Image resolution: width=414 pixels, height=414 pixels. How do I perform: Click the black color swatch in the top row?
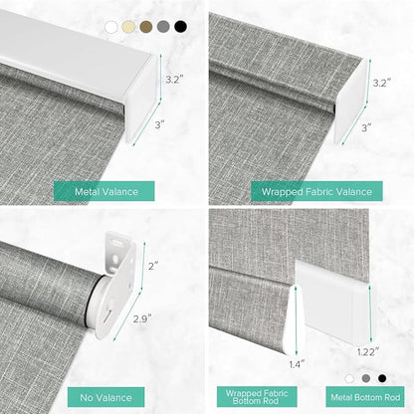click(180, 27)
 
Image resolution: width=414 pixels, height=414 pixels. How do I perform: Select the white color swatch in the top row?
click(111, 27)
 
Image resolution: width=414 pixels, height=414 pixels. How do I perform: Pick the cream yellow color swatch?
click(128, 27)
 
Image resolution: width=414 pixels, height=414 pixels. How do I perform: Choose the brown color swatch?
click(146, 27)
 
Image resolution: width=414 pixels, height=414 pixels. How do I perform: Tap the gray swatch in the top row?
click(163, 27)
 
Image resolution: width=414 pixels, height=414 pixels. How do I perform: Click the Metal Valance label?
click(104, 191)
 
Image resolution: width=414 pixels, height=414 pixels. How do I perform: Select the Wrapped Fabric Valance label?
click(316, 191)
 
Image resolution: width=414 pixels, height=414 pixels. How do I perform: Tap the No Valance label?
click(106, 397)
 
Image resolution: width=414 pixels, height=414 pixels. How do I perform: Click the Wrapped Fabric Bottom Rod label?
click(257, 397)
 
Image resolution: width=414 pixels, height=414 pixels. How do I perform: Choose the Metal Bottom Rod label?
click(365, 397)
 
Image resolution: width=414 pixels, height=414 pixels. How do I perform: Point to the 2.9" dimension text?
click(142, 318)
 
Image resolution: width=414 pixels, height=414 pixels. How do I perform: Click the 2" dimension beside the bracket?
click(153, 266)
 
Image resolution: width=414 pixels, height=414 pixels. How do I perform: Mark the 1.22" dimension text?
click(368, 351)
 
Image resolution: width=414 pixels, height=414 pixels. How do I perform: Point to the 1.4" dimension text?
click(297, 364)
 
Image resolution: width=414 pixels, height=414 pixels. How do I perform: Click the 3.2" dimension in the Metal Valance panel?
click(174, 80)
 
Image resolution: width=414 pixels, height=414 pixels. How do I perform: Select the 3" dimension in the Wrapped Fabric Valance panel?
click(366, 127)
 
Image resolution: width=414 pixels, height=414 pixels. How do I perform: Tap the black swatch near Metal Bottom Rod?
click(382, 378)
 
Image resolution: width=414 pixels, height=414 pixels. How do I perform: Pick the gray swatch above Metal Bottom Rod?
click(366, 378)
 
